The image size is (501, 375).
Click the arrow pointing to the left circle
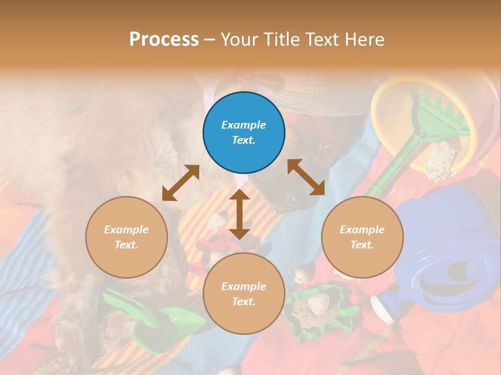(x=181, y=183)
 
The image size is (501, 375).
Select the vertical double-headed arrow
(x=240, y=214)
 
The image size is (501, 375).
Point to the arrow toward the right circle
(x=306, y=177)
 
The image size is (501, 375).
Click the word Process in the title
(x=164, y=39)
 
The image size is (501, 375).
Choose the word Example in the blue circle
(x=244, y=125)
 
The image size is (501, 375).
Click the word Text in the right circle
(x=362, y=245)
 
